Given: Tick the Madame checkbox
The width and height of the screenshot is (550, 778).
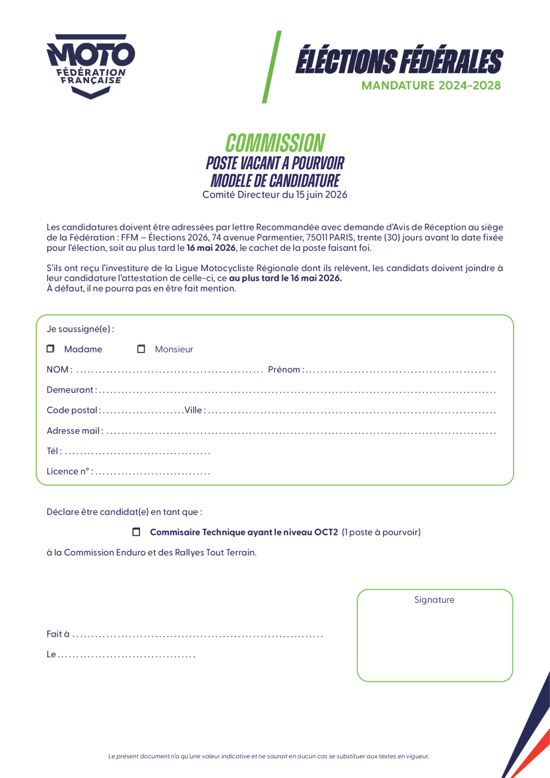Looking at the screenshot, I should [50, 349].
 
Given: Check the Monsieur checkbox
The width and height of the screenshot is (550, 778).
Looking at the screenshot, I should [141, 349].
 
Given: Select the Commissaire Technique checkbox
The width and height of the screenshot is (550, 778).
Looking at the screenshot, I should [136, 532].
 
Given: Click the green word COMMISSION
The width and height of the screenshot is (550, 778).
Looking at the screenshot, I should [275, 143].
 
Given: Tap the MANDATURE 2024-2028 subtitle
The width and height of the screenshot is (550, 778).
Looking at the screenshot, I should [431, 86].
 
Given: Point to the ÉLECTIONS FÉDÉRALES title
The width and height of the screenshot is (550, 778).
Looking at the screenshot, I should [399, 62].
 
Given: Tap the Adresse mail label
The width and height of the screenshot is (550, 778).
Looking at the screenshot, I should [74, 431].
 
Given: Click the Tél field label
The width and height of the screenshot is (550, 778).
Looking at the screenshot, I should [54, 451].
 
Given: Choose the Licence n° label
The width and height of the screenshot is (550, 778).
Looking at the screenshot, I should [69, 472].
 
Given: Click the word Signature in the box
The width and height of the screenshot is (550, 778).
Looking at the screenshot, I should [434, 600].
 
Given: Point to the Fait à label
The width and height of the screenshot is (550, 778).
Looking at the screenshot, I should [58, 634].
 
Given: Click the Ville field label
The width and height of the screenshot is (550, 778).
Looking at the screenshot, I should [195, 411].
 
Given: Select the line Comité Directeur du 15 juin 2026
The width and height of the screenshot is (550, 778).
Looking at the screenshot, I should [275, 194].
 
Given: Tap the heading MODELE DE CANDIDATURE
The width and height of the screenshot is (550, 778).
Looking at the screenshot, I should [275, 180].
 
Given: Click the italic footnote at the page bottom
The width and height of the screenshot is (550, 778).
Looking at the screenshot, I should [269, 756].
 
